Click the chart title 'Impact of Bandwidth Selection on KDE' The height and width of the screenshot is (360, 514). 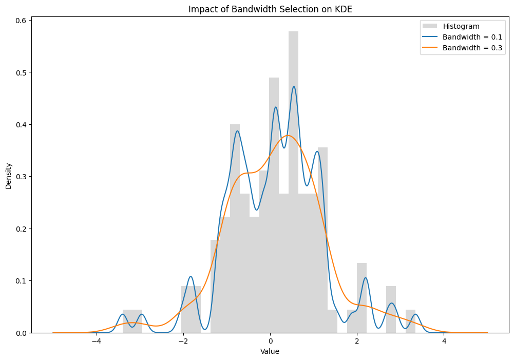[x=270, y=9]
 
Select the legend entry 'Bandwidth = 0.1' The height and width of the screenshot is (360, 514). [x=462, y=37]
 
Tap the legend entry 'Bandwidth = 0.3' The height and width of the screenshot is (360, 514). [x=462, y=48]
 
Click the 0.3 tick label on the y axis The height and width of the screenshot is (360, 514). [x=21, y=177]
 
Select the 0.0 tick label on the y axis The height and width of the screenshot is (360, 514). [x=21, y=333]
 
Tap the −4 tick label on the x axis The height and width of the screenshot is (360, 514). [x=97, y=341]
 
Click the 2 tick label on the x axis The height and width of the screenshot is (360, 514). [x=357, y=341]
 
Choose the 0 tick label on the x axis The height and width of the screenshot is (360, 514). [x=270, y=341]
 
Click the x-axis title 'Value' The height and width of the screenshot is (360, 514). [x=270, y=352]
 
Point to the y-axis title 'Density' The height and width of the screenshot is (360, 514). [x=9, y=176]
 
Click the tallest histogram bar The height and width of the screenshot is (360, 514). [x=293, y=182]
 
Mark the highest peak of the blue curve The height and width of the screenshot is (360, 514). [x=294, y=86]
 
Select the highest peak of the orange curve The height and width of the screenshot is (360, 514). [x=288, y=135]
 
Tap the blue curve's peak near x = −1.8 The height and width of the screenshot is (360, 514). [x=191, y=276]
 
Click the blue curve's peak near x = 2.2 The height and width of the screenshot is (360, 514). [x=366, y=278]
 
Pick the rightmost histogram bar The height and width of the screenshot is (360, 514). [x=410, y=321]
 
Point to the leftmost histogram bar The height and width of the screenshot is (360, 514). [x=127, y=321]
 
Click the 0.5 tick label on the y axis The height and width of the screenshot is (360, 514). [x=21, y=72]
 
